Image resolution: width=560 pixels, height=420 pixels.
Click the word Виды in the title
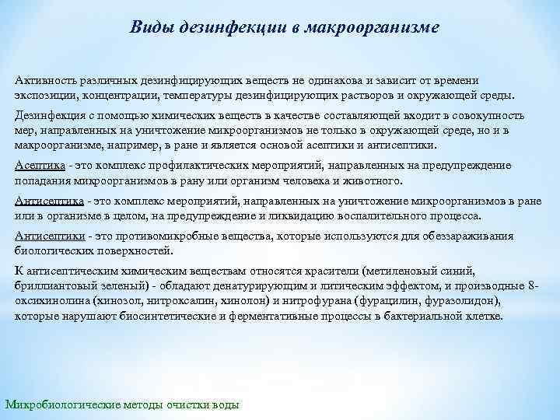coord(152,28)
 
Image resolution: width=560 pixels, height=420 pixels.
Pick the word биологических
coord(53,252)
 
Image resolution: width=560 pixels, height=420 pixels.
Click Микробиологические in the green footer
coord(58,404)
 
